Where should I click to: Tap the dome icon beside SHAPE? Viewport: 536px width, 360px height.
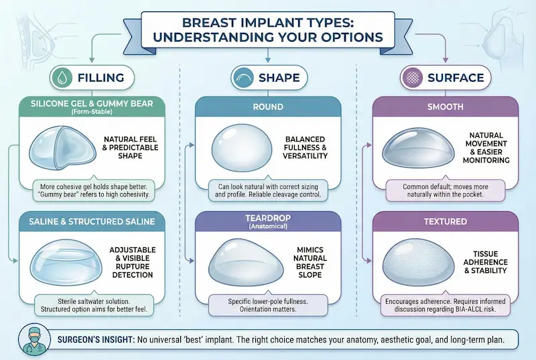click(x=241, y=78)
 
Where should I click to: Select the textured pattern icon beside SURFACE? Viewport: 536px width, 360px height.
click(x=411, y=78)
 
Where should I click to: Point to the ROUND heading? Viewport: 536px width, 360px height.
click(x=268, y=107)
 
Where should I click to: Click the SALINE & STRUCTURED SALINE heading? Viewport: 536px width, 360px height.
click(x=92, y=222)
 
